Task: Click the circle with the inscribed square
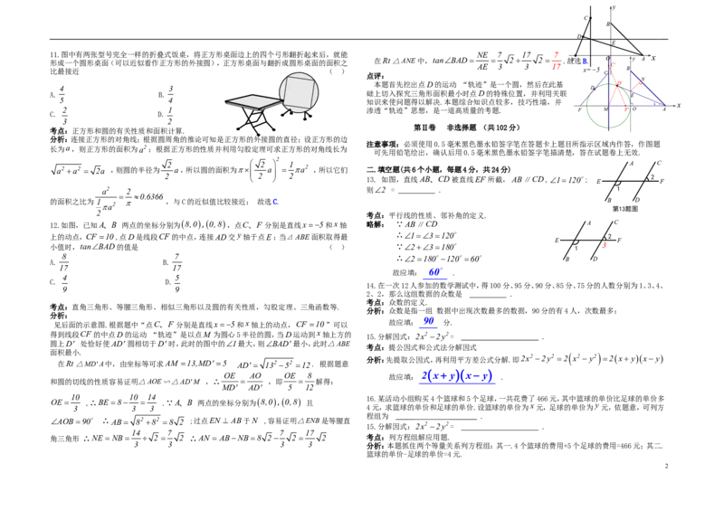click(x=298, y=92)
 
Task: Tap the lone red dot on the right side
click(x=605, y=247)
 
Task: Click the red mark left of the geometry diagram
click(x=556, y=62)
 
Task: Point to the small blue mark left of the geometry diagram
click(x=585, y=62)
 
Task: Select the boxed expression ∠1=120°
click(x=557, y=180)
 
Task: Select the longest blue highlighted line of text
click(x=456, y=376)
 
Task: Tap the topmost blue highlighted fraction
click(x=434, y=272)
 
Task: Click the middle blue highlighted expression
click(x=428, y=322)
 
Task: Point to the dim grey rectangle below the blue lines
click(x=431, y=418)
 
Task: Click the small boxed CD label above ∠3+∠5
click(x=432, y=224)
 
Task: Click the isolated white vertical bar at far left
click(x=47, y=170)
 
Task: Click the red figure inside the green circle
click(x=617, y=90)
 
